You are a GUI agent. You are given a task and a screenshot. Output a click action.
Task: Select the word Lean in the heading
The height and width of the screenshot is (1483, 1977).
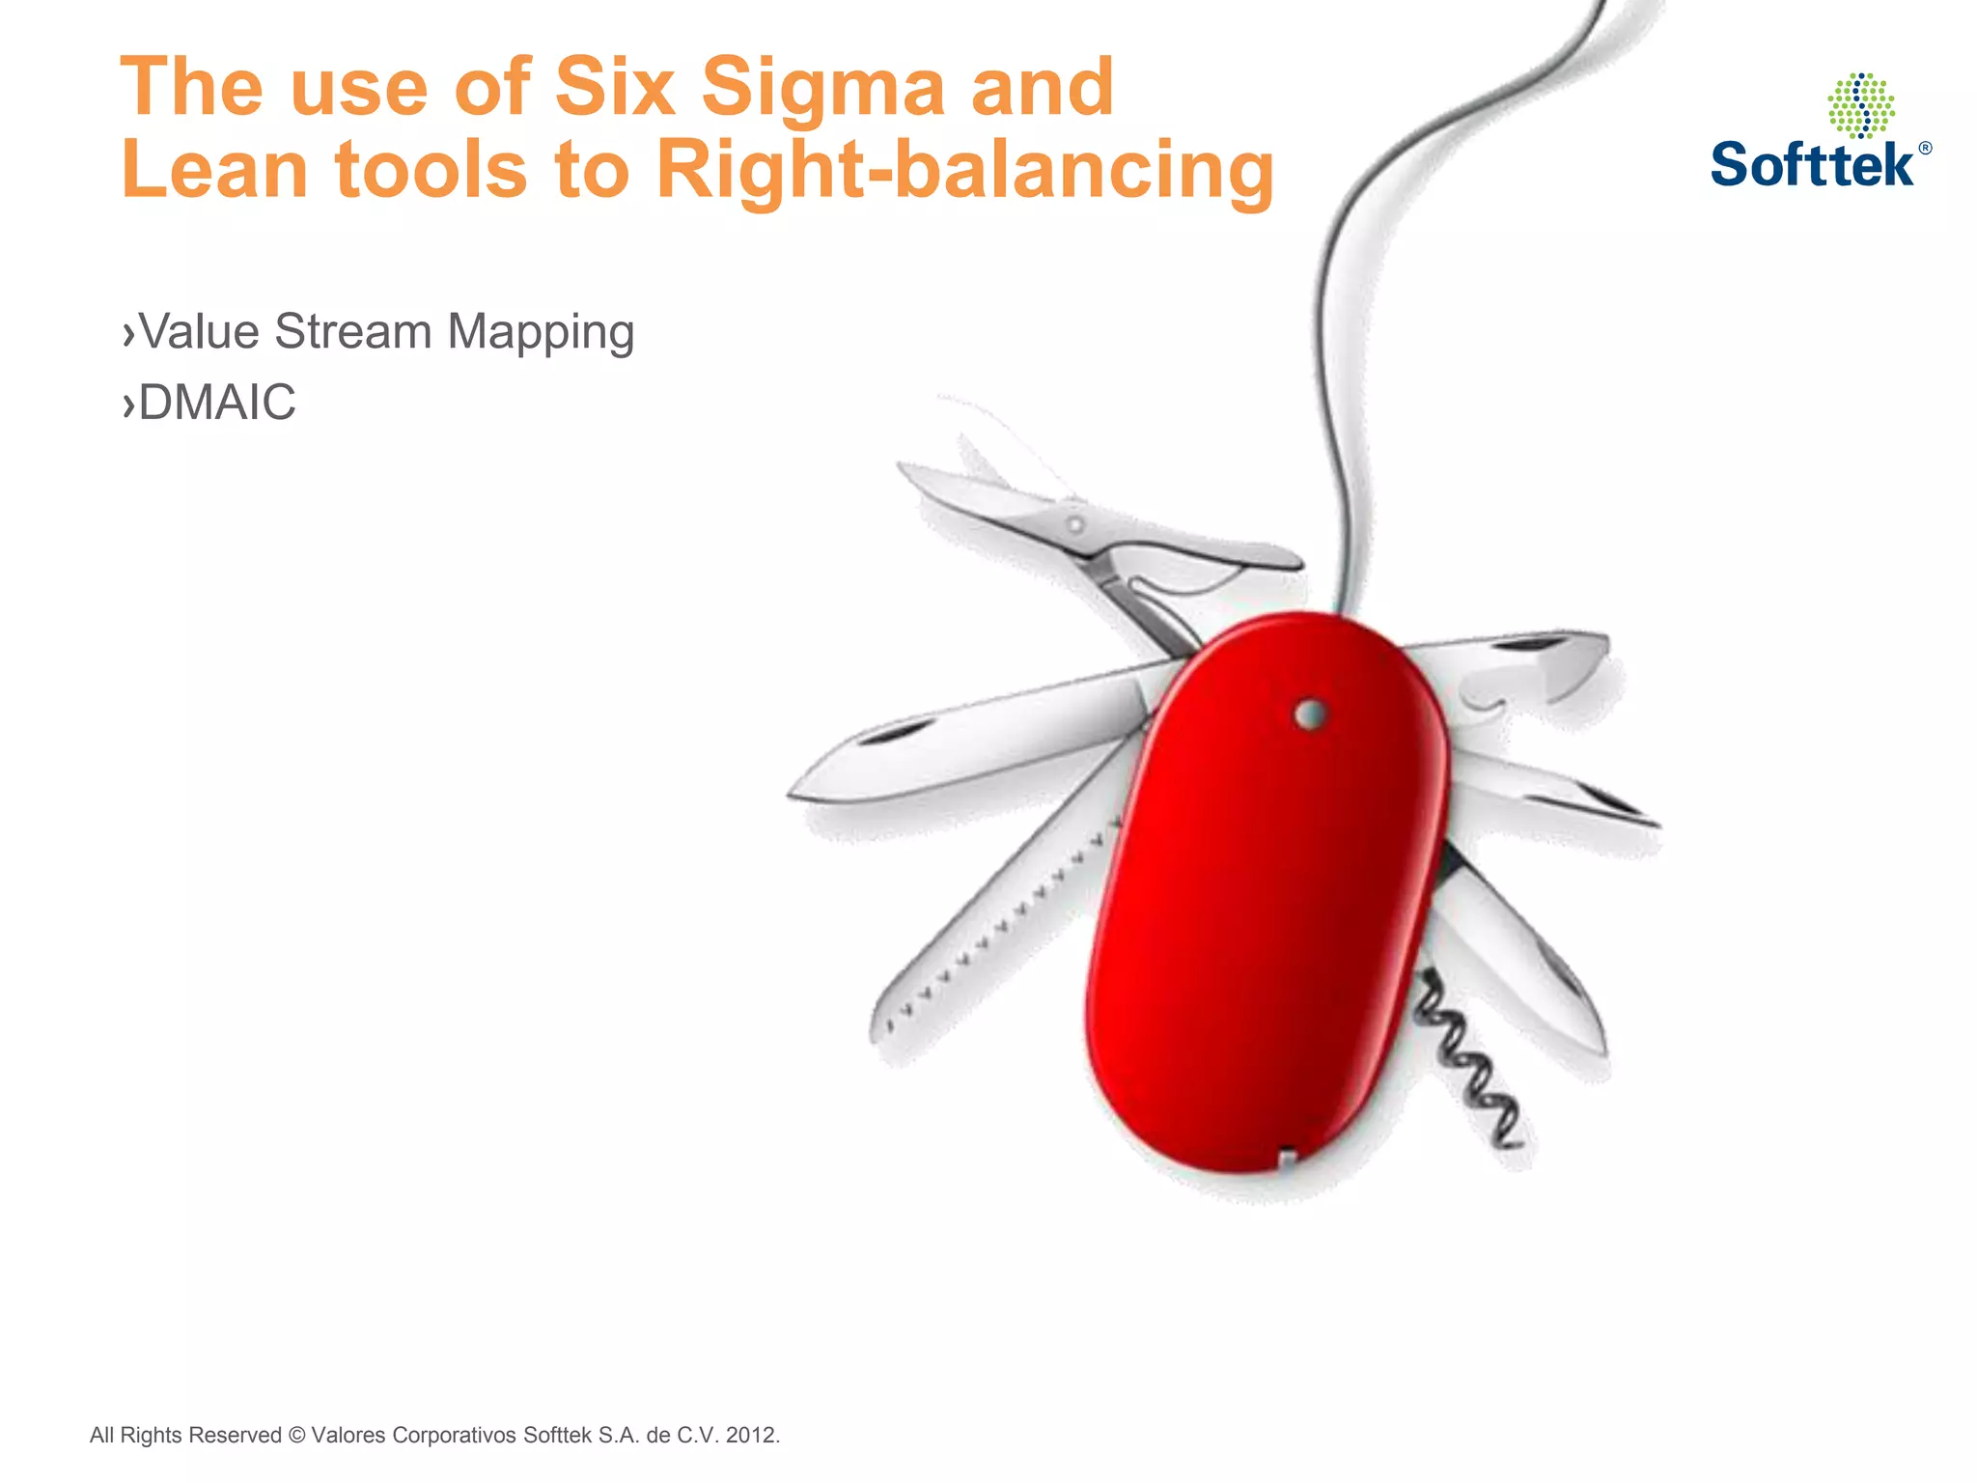[213, 170]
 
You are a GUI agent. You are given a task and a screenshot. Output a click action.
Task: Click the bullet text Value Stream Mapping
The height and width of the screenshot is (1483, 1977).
[386, 331]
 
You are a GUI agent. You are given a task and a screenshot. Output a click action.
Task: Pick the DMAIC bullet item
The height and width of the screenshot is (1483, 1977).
[216, 402]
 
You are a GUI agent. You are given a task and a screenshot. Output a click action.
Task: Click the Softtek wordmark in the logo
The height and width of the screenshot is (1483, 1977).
[1812, 165]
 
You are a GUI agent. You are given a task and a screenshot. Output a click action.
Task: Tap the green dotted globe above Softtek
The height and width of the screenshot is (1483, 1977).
[1860, 105]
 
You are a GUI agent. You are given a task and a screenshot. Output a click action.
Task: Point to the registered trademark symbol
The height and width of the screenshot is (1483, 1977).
[1925, 149]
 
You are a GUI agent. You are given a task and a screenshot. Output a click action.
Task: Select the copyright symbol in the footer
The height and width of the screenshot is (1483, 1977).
[296, 1435]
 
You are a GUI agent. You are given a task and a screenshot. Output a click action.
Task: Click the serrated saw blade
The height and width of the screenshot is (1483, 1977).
[994, 927]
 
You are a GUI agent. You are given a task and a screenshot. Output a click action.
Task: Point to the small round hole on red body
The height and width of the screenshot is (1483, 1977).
[1309, 714]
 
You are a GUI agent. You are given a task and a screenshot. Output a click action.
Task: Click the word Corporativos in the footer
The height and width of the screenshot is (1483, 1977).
[453, 1435]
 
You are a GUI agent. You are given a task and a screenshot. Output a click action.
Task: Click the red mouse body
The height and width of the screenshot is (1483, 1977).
[1265, 917]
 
